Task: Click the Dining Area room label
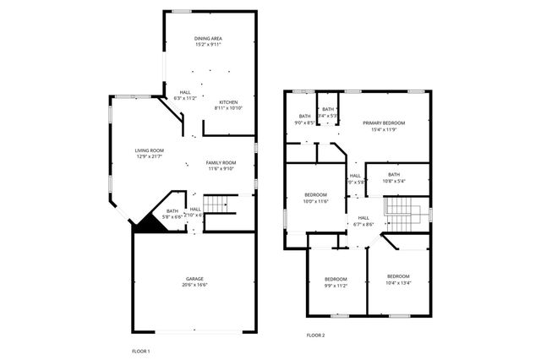pyautogui.click(x=208, y=38)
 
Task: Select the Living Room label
pyautogui.click(x=149, y=151)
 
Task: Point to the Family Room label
pyautogui.click(x=221, y=162)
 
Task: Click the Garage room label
pyautogui.click(x=194, y=279)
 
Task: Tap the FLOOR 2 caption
pyautogui.click(x=315, y=335)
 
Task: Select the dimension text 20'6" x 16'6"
pyautogui.click(x=194, y=285)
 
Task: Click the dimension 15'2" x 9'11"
pyautogui.click(x=208, y=44)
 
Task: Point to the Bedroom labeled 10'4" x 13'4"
pyautogui.click(x=398, y=277)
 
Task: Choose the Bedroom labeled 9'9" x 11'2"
pyautogui.click(x=336, y=280)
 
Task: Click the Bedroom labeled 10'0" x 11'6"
pyautogui.click(x=315, y=194)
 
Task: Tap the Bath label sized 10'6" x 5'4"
pyautogui.click(x=394, y=175)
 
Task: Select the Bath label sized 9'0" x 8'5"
pyautogui.click(x=304, y=117)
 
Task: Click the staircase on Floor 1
pyautogui.click(x=218, y=205)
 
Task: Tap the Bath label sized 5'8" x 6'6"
pyautogui.click(x=172, y=211)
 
